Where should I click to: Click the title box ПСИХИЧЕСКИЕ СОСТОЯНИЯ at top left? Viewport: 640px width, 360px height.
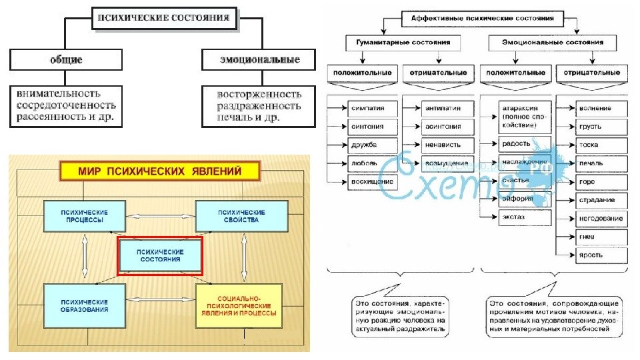tap(165, 18)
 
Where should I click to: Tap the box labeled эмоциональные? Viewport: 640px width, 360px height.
tap(259, 60)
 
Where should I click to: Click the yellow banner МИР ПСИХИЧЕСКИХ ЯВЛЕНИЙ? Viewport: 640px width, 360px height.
tap(160, 171)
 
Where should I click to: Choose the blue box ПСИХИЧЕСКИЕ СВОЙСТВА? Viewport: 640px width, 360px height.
tap(241, 216)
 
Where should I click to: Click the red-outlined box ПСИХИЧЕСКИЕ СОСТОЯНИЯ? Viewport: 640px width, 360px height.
tap(159, 255)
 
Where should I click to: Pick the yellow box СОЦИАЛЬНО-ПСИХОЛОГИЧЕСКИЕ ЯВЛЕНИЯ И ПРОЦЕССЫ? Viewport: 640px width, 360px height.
tap(238, 305)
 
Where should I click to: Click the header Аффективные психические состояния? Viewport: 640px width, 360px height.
tap(483, 19)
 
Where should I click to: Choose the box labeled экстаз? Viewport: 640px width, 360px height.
tap(524, 217)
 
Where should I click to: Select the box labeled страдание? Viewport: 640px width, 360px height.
tap(601, 200)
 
